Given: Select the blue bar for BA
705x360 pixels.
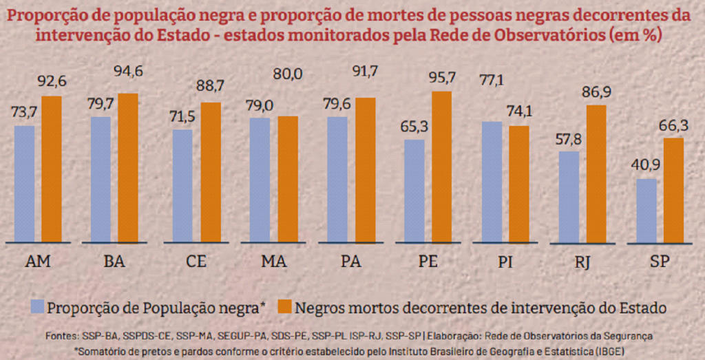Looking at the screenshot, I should (x=101, y=180).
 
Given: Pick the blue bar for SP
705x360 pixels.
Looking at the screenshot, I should (x=646, y=211).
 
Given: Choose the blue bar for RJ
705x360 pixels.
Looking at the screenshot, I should (x=569, y=197).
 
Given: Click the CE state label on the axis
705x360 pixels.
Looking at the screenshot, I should (x=196, y=262).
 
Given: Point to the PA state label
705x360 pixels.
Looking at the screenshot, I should (x=351, y=262).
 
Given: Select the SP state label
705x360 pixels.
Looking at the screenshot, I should (x=660, y=262).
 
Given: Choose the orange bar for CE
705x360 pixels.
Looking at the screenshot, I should (x=211, y=172).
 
